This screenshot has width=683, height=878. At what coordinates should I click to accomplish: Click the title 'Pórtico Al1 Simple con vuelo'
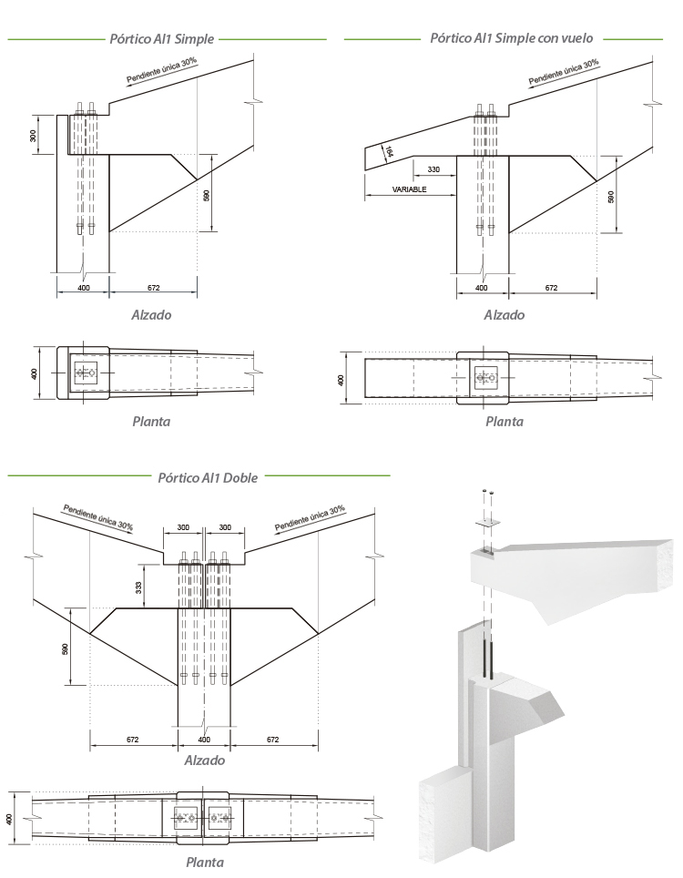click(x=511, y=38)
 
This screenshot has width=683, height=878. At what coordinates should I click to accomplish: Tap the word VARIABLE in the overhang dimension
click(x=409, y=189)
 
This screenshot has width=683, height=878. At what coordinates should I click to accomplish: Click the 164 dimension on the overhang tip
click(x=389, y=152)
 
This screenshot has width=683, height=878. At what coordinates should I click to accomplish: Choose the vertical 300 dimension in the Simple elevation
click(x=32, y=135)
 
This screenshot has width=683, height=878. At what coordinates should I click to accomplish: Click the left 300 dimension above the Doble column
click(x=183, y=528)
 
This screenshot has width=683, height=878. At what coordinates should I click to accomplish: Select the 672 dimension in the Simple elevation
click(x=153, y=288)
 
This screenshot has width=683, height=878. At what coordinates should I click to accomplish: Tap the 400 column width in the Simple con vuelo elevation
click(x=482, y=288)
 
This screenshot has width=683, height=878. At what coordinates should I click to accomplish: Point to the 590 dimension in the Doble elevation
click(x=65, y=648)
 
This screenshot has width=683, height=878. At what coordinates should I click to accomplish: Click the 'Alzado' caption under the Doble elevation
click(x=204, y=761)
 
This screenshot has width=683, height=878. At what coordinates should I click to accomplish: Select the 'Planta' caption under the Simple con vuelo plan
click(x=504, y=421)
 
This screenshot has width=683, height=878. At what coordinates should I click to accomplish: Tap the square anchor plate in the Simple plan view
click(x=87, y=372)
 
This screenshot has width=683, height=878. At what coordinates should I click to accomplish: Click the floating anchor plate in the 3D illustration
click(x=488, y=521)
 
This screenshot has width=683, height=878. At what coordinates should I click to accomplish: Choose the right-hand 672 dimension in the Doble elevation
click(x=272, y=740)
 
